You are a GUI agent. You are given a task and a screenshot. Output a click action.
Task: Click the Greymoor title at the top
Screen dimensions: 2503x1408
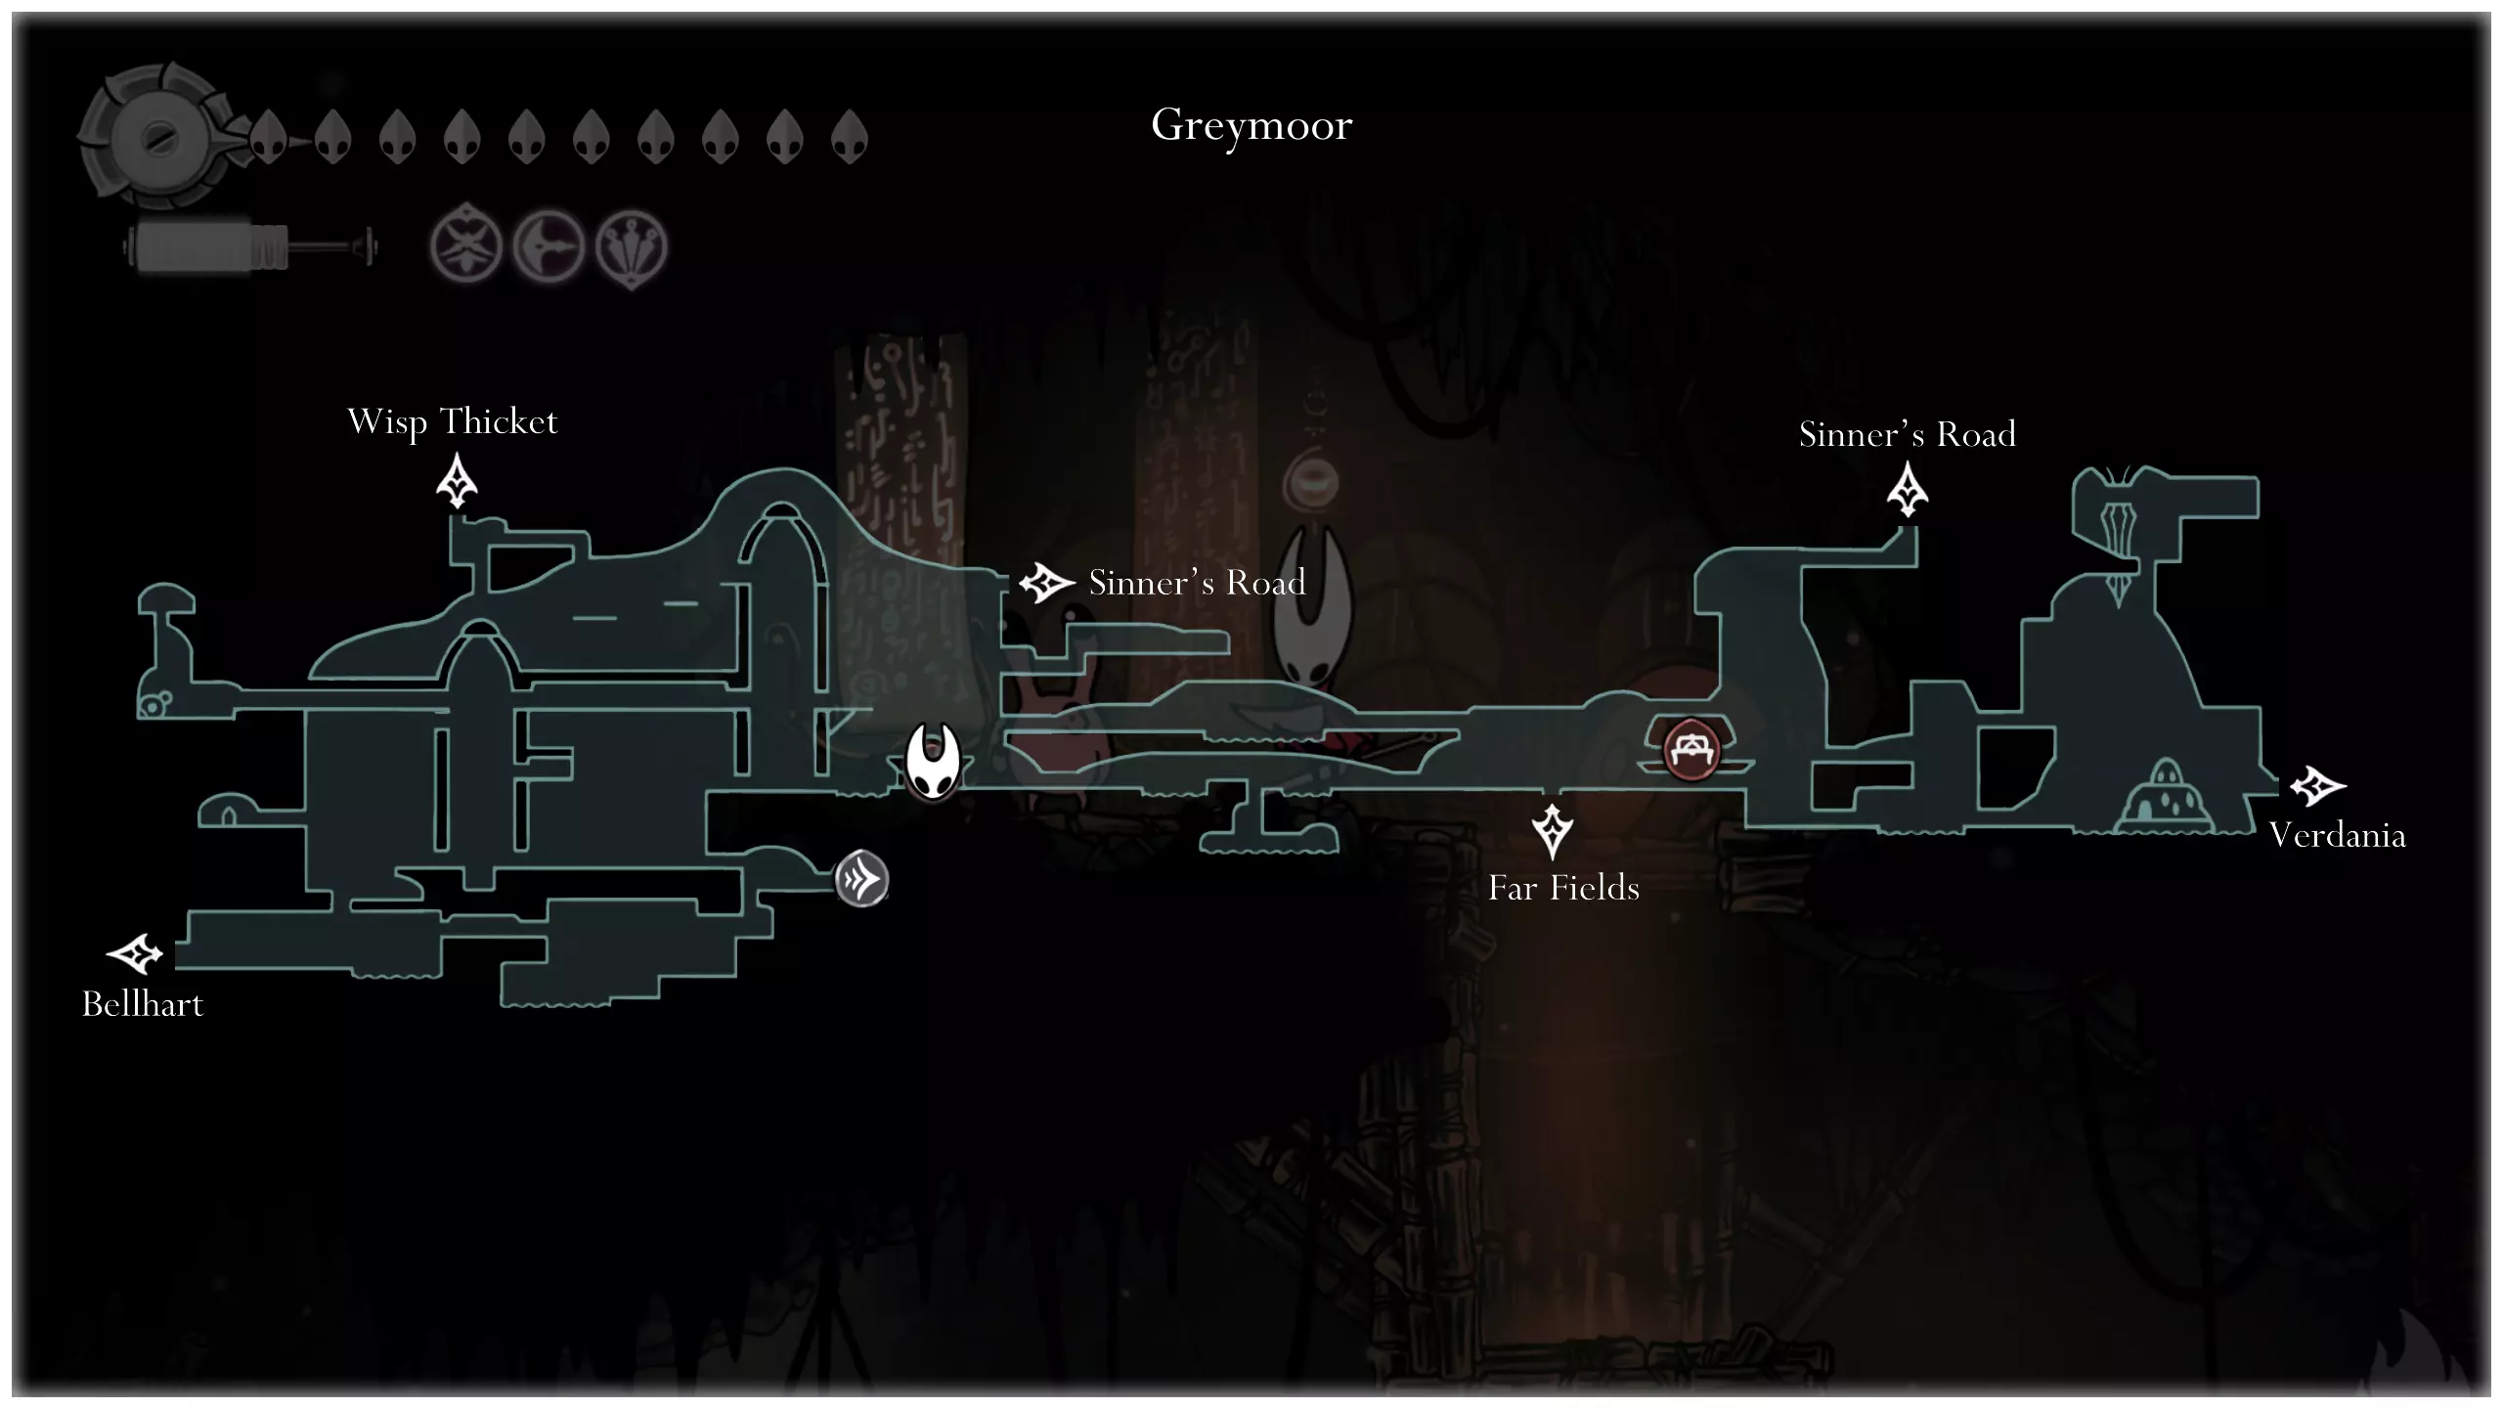(x=1251, y=126)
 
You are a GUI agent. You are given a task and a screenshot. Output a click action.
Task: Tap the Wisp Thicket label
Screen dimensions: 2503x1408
(x=453, y=422)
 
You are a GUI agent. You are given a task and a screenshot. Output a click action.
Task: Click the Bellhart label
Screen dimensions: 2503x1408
(x=143, y=1004)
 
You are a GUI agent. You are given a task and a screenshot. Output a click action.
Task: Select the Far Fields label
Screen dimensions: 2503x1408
(x=1563, y=888)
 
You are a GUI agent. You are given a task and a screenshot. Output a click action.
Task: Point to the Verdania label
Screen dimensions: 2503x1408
(x=2337, y=836)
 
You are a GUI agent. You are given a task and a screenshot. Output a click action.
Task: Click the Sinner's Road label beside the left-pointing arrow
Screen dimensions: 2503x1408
(x=1197, y=583)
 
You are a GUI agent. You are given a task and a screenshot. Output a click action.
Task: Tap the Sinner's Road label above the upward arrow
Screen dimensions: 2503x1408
(x=1908, y=434)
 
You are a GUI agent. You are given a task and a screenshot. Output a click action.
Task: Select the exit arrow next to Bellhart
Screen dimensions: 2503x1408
(x=134, y=954)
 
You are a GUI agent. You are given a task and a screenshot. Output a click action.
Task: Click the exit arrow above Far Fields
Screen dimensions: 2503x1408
(x=1552, y=831)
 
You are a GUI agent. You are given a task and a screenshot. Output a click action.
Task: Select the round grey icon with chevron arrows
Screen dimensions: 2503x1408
(x=861, y=879)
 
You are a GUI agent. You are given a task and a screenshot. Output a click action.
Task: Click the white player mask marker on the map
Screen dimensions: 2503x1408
(x=932, y=762)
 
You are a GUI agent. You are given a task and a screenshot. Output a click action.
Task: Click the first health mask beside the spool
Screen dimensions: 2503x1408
(x=269, y=136)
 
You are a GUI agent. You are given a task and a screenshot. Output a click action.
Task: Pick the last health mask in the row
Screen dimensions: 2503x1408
(x=850, y=136)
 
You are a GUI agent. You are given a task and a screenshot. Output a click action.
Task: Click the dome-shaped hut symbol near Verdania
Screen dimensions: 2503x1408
(x=2165, y=795)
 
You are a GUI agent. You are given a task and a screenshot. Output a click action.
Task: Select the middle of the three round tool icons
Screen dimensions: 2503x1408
(x=549, y=245)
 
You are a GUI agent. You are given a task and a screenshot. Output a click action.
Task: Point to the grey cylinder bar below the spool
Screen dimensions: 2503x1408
(x=249, y=246)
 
